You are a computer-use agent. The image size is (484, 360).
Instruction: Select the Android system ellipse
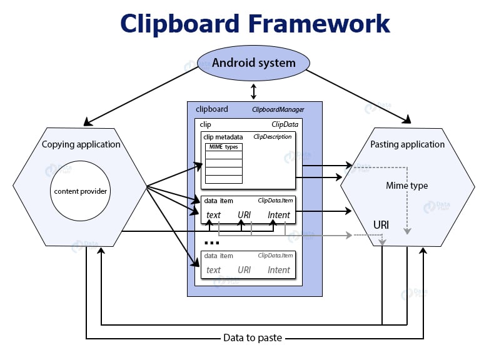pos(253,63)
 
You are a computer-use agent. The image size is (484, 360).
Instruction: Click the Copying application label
pos(81,144)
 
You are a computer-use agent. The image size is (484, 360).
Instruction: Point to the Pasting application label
pos(407,144)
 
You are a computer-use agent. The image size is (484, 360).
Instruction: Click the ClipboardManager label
pos(278,109)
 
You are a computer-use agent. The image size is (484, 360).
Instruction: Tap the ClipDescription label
pos(272,136)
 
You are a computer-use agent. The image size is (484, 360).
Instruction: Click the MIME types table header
pos(223,147)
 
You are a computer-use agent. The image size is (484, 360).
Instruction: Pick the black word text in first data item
pos(213,215)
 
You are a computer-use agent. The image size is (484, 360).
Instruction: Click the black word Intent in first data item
pos(279,215)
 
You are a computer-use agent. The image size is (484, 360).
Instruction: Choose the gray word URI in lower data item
pos(244,270)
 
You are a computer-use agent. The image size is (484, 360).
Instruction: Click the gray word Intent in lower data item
pos(279,270)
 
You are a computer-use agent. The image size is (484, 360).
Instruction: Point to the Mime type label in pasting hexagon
pos(407,186)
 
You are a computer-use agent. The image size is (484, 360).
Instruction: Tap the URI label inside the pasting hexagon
pos(382,224)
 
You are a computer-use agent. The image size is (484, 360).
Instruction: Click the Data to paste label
pos(253,338)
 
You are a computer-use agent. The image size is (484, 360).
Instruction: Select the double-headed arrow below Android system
pos(253,92)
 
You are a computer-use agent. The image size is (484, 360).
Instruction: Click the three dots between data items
pos(212,242)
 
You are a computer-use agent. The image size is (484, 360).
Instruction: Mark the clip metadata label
pos(224,136)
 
